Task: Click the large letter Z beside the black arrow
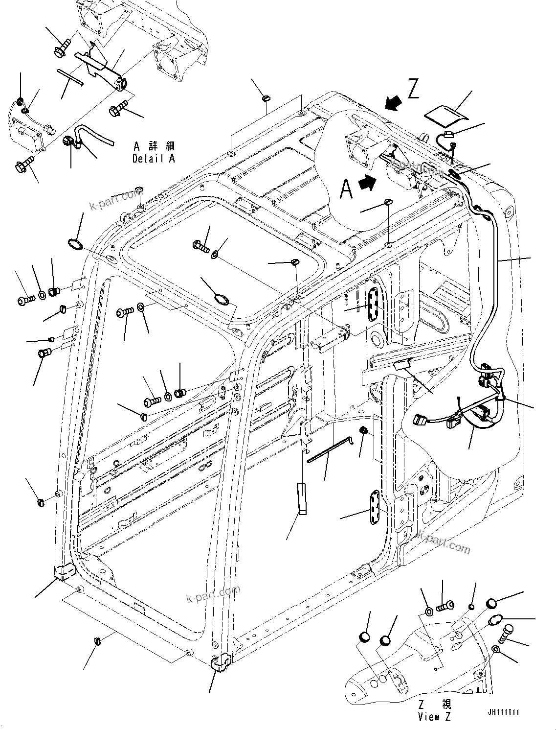coord(413,90)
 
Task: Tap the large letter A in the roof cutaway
coord(346,189)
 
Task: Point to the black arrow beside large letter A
coord(368,183)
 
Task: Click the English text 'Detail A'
coord(153,159)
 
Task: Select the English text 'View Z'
coord(434,717)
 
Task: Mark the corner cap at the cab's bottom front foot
coord(221,661)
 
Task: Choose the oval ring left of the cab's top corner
coord(75,244)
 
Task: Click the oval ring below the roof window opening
coord(220,298)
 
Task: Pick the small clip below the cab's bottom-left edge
coord(97,641)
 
